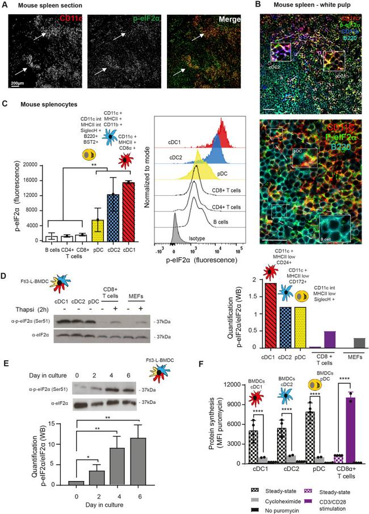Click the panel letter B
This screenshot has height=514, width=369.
[x=257, y=5]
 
